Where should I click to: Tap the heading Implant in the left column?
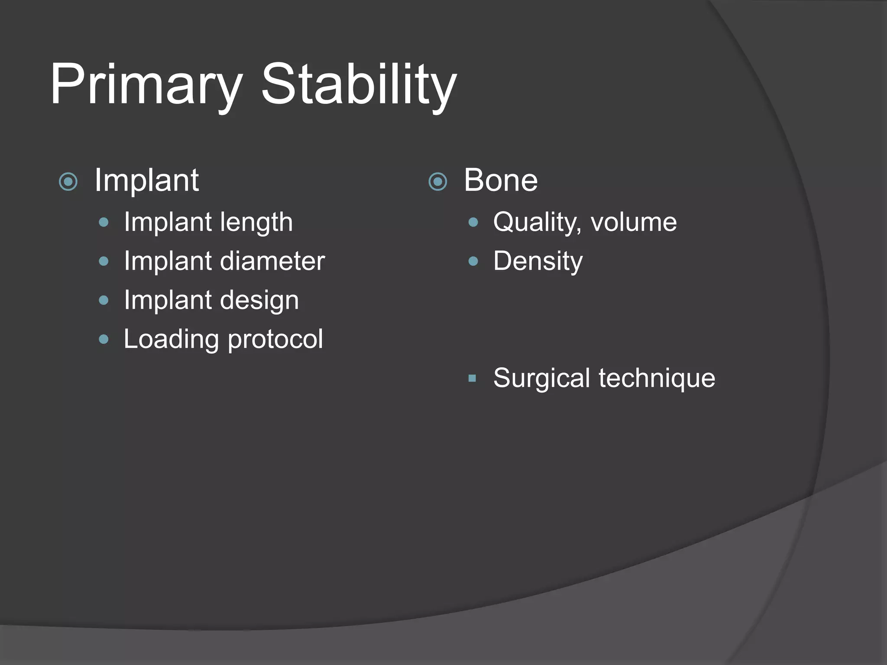pos(146,180)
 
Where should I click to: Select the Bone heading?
pos(501,180)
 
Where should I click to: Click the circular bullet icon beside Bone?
pos(437,181)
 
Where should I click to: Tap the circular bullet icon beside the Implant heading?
pos(68,181)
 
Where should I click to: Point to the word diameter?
pos(272,261)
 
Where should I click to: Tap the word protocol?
pos(275,339)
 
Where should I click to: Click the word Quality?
pos(537,222)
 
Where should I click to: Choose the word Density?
pos(538,261)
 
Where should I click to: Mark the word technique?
pos(657,378)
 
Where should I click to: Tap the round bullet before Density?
pos(473,261)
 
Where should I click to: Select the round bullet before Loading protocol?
pos(104,339)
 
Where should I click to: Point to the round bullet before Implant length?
pos(104,223)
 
